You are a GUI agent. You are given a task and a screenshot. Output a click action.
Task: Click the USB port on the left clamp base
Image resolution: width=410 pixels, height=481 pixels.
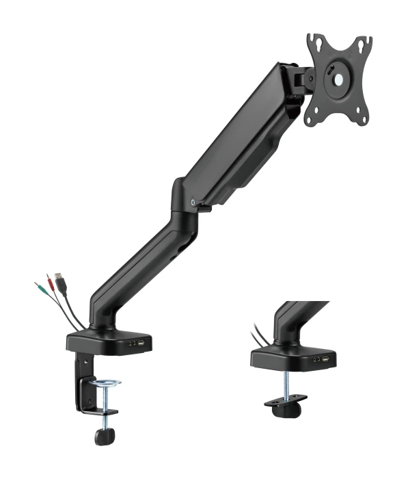click(141, 342)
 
